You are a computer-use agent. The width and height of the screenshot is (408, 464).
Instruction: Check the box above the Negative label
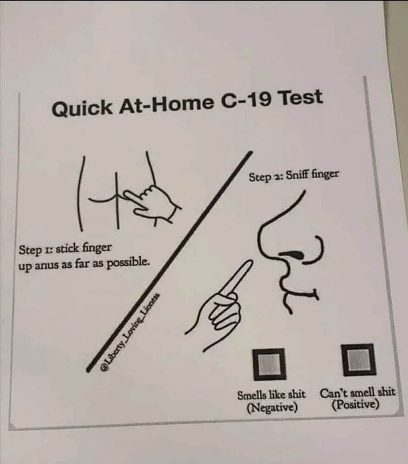tap(269, 364)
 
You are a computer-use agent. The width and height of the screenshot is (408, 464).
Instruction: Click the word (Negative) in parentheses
tap(272, 407)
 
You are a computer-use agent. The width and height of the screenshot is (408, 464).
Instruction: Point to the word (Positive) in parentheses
tap(355, 404)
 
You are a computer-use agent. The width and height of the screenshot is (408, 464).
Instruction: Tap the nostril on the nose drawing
tap(292, 254)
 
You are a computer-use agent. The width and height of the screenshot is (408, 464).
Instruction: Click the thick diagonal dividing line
tap(169, 261)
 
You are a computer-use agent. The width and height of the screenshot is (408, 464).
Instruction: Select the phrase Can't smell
tap(345, 393)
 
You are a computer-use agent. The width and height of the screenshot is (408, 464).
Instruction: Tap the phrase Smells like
tap(261, 395)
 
